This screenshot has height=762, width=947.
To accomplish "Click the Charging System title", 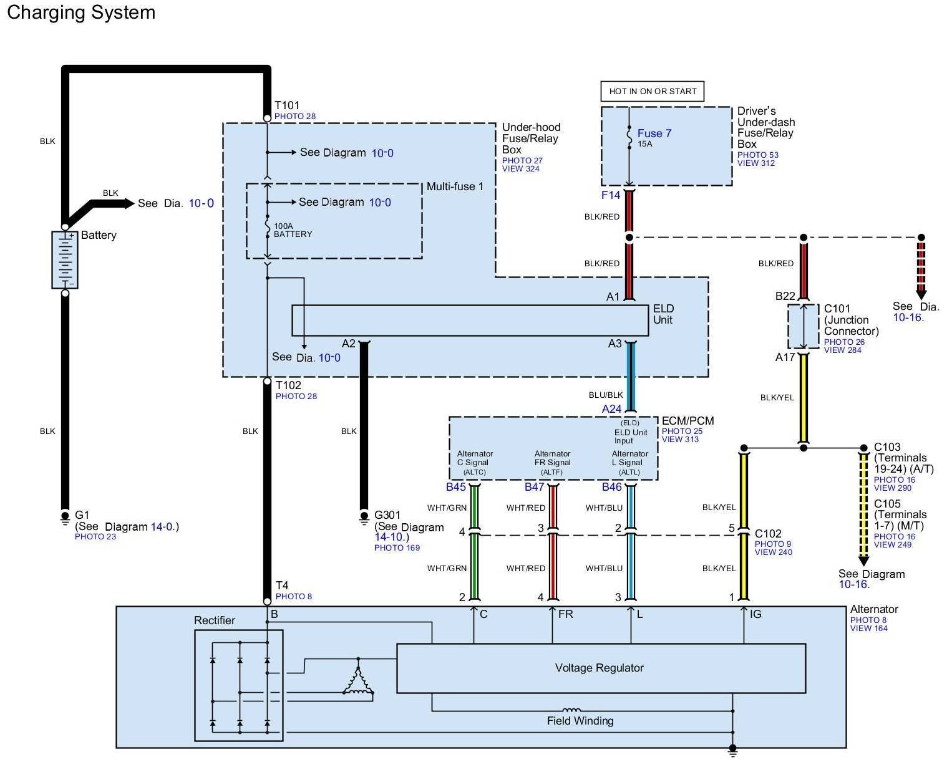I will pos(81,12).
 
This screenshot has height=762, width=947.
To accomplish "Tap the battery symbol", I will pos(65,259).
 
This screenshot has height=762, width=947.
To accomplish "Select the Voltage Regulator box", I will pos(600,668).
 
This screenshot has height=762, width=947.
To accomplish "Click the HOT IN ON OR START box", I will pos(653,91).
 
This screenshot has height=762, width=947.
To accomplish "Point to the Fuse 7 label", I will pos(654,133).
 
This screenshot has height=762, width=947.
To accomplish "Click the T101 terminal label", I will pos(287,106).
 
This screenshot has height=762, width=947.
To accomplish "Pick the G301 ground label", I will pos(387,515).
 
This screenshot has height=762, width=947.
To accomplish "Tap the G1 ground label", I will pos(82,515).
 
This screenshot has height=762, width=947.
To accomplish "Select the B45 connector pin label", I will pos(456,487).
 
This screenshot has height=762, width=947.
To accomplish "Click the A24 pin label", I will pos(612,409).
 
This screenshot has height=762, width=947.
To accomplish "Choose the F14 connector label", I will pos(611,195).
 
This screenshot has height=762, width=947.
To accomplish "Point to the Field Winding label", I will pos(580,721).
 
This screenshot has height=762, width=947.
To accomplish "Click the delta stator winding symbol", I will pos(358,681).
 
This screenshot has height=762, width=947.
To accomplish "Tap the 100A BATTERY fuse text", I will pos(293,230).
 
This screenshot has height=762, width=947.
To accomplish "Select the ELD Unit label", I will pos(663,314).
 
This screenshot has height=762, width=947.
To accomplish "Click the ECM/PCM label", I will pos(687,421).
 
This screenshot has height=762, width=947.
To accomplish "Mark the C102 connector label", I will pos(768,534).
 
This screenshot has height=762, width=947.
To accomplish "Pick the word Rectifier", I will pos(215,620).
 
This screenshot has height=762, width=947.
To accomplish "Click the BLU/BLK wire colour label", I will pos(606,395).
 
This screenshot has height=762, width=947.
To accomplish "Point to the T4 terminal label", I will pos(282,586).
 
